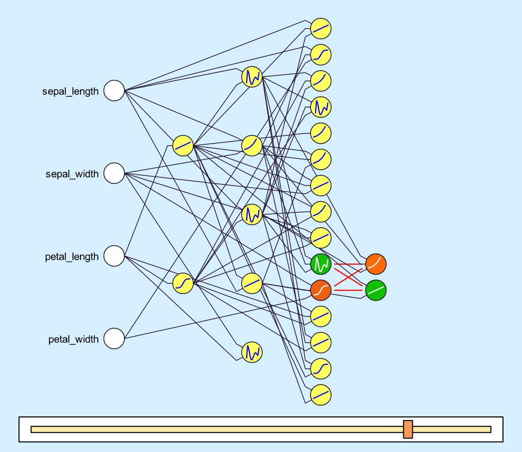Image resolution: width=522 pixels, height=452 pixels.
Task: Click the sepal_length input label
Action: pos(70,92)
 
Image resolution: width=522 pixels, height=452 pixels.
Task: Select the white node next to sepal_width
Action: pos(114,174)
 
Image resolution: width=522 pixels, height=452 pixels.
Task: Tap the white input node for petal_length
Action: pos(114,256)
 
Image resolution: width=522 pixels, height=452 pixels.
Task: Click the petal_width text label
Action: pos(73,339)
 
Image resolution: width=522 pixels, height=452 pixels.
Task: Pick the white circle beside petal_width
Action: pos(114,339)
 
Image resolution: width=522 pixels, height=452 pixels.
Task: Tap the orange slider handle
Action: pos(408,429)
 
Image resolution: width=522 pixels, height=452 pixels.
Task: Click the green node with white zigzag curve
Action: pos(321,263)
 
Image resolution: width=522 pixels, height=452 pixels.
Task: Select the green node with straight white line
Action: pos(376,290)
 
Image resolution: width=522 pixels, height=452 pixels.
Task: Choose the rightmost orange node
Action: pos(376,263)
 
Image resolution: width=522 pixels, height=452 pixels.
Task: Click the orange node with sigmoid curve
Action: pos(321,290)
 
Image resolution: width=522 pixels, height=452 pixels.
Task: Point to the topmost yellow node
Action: pos(321,28)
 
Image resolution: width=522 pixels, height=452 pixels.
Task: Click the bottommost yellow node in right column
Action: pos(321,395)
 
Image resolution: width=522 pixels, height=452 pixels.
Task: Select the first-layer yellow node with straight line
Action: pos(183,146)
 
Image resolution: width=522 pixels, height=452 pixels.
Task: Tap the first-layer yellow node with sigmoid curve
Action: pos(183,283)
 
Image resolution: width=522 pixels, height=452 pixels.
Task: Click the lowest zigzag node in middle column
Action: pos(252,352)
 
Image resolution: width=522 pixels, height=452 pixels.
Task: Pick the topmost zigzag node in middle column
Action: pos(252,77)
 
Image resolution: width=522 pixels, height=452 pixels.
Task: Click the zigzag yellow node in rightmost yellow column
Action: pos(321,107)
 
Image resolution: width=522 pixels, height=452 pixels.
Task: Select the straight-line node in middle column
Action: pos(252,283)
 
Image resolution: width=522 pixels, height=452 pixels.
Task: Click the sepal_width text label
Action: pos(72,174)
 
